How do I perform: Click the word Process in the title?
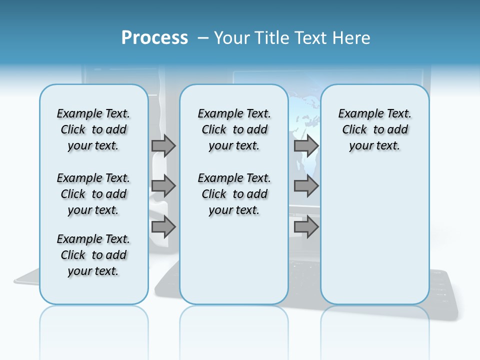(154, 38)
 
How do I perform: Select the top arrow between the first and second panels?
(163, 145)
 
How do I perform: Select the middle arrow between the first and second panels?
(163, 186)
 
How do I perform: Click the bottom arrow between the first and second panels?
(163, 227)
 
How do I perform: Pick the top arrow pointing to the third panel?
(306, 145)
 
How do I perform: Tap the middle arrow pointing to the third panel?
(306, 186)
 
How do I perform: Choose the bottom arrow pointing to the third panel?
(306, 227)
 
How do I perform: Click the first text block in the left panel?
(93, 129)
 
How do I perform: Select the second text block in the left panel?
(93, 194)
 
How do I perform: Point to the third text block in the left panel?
(93, 255)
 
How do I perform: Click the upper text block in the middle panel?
(234, 129)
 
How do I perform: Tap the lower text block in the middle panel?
(234, 194)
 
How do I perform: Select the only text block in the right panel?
(374, 129)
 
